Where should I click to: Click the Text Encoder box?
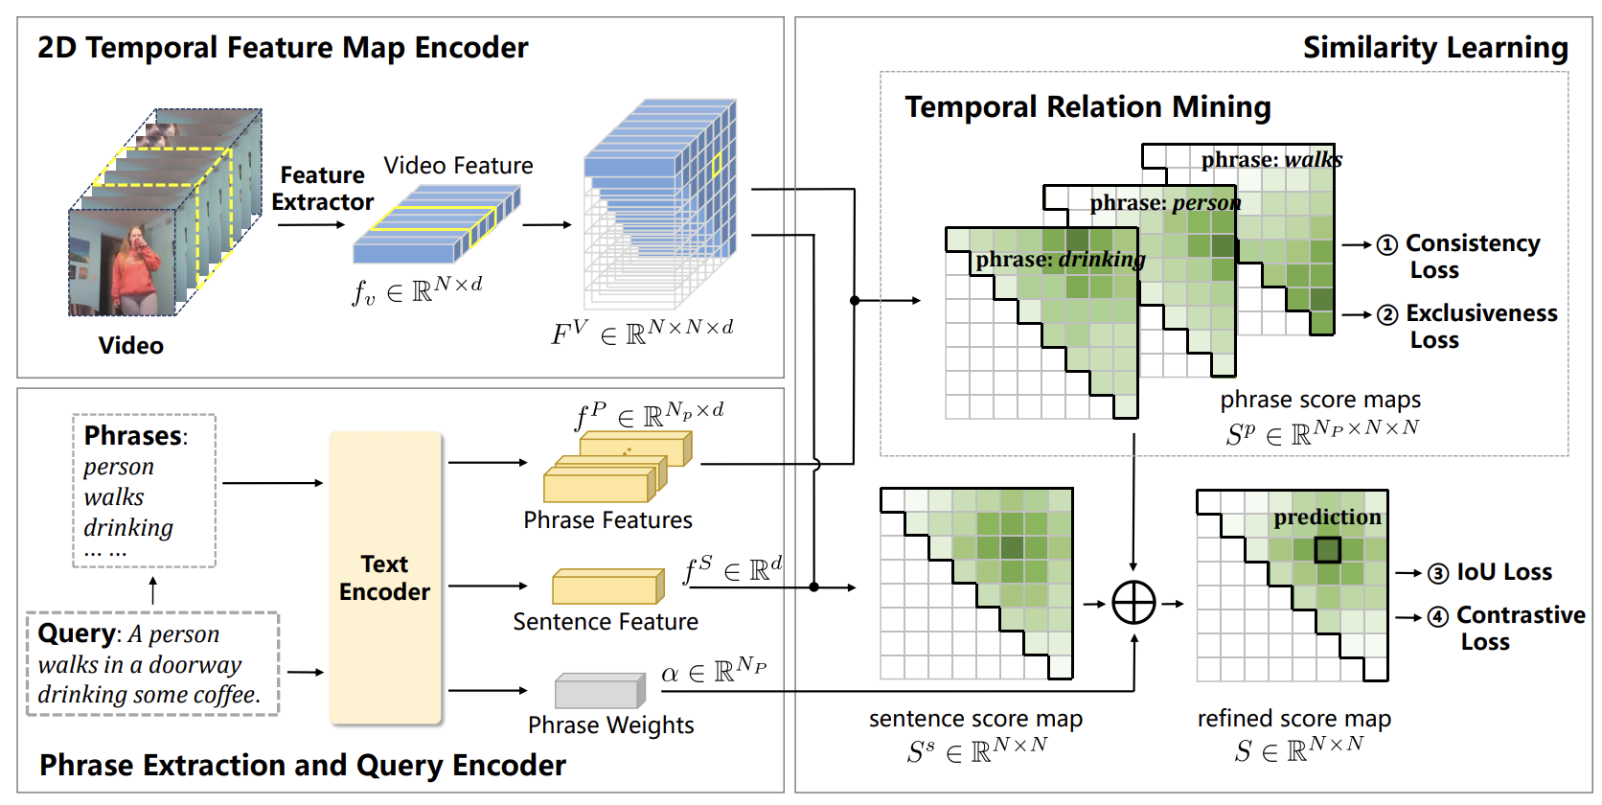(385, 578)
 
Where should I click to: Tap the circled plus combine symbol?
(1133, 603)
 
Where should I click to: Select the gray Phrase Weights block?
(600, 691)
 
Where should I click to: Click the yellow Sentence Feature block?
(607, 586)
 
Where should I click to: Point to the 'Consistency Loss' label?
(1472, 256)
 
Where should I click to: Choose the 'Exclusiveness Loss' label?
(1481, 326)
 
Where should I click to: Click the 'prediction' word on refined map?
(1327, 517)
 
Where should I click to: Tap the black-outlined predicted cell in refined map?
(1327, 549)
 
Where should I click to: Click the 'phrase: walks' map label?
(1271, 159)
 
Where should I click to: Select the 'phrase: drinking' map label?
(1061, 259)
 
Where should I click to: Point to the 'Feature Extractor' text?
(323, 188)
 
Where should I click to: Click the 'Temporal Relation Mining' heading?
(1087, 106)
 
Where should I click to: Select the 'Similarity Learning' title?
(1435, 48)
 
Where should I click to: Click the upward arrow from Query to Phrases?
(152, 590)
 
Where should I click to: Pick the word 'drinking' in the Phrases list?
(128, 528)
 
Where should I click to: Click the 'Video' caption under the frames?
(131, 346)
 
